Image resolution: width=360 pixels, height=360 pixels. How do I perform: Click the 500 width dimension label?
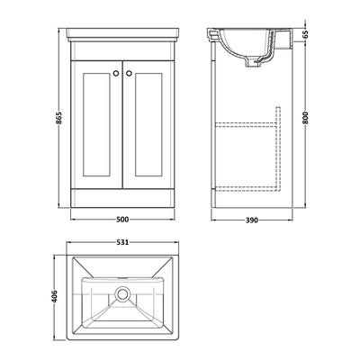(x=129, y=218)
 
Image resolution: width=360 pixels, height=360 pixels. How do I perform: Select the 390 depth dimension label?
(x=256, y=218)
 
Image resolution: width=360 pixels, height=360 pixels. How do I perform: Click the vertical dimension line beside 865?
(x=62, y=121)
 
